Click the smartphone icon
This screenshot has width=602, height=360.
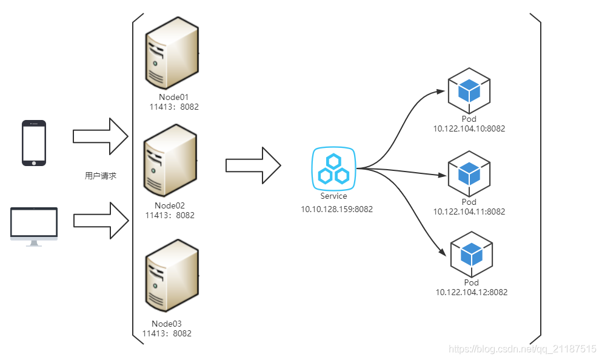(x=34, y=143)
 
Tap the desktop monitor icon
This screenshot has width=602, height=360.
(x=34, y=226)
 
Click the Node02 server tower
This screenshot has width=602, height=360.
(x=170, y=159)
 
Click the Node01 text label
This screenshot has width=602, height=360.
(x=173, y=97)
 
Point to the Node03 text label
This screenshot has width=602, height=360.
(x=167, y=324)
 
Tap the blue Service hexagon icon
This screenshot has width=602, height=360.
(x=333, y=168)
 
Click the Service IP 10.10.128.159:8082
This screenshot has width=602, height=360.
(x=337, y=209)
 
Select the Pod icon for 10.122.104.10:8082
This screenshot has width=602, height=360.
(x=469, y=90)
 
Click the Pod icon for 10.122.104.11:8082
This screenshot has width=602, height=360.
(x=469, y=174)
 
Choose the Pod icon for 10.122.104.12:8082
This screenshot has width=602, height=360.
(x=471, y=255)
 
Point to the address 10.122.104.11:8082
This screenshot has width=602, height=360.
(x=469, y=212)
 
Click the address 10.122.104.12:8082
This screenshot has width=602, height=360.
(x=471, y=292)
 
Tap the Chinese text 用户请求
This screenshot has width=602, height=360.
(x=100, y=176)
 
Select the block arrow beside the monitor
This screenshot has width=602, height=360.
(x=101, y=221)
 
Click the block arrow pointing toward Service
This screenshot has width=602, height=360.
(x=253, y=165)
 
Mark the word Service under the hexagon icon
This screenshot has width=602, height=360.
(x=333, y=196)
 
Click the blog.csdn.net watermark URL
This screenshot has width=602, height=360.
(x=522, y=349)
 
